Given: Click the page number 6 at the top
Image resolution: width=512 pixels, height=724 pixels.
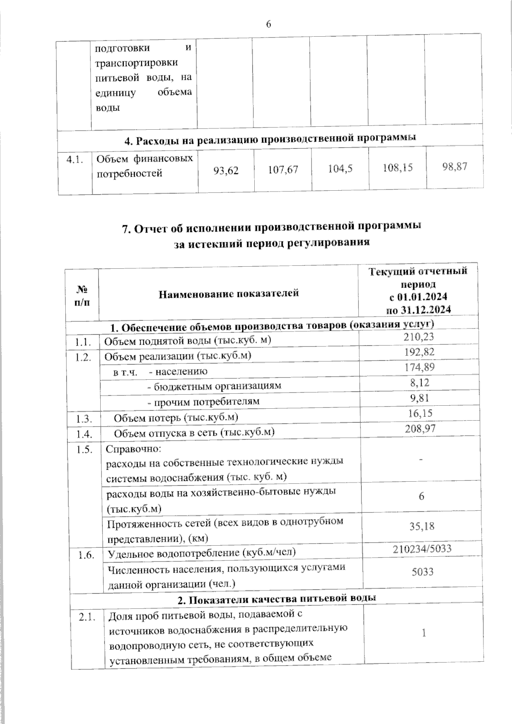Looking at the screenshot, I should (x=268, y=24).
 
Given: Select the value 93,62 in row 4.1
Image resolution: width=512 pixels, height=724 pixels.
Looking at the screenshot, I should (x=226, y=171).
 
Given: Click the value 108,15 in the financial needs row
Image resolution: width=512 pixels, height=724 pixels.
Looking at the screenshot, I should (x=398, y=167).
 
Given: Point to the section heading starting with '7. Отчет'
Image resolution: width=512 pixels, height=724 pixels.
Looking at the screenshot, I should (x=272, y=228).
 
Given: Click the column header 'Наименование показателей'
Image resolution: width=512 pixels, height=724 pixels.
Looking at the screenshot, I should (x=229, y=293).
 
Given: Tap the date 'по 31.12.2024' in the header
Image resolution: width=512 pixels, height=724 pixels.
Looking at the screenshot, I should (x=418, y=310).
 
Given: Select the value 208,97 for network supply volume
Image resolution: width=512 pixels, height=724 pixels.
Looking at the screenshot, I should (x=420, y=428).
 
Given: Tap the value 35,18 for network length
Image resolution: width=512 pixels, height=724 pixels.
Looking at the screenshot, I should (x=422, y=526).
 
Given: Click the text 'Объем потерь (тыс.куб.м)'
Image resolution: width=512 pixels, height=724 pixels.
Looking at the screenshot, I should (x=176, y=417).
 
